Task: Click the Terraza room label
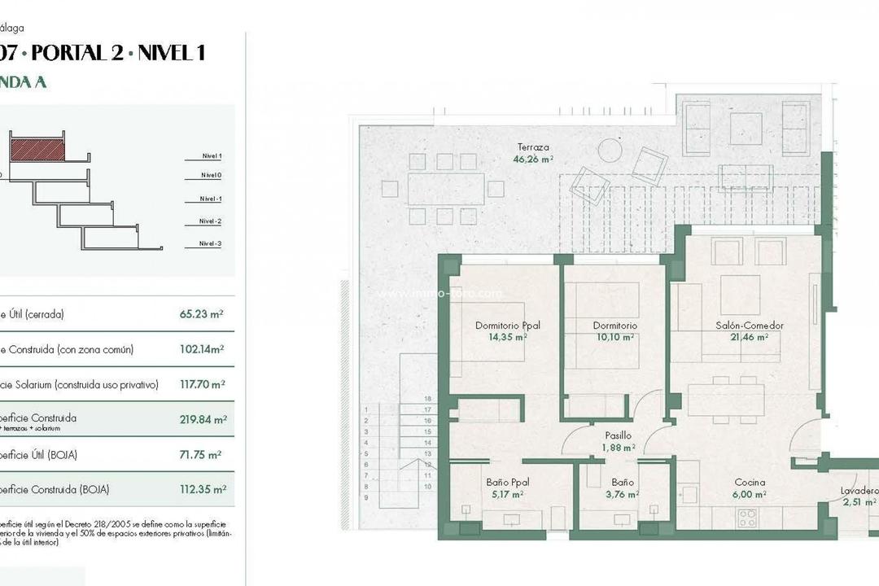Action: pos(533,147)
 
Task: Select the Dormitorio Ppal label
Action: pos(508,326)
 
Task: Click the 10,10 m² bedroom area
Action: pos(615,337)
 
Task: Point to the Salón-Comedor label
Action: pos(750,326)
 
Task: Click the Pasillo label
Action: pos(618,435)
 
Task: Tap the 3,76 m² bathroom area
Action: pos(623,493)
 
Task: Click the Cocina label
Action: pos(749,482)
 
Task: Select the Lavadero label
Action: pos(859,491)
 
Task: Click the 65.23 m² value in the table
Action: pos(202,314)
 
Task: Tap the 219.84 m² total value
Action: pos(203,420)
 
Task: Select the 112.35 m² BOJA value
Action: pos(202,489)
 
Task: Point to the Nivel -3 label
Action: pos(211,244)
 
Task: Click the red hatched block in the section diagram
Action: pos(37,149)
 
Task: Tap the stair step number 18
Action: pos(427,400)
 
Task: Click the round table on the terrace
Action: pos(610,151)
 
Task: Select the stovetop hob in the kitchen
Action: pos(747,518)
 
